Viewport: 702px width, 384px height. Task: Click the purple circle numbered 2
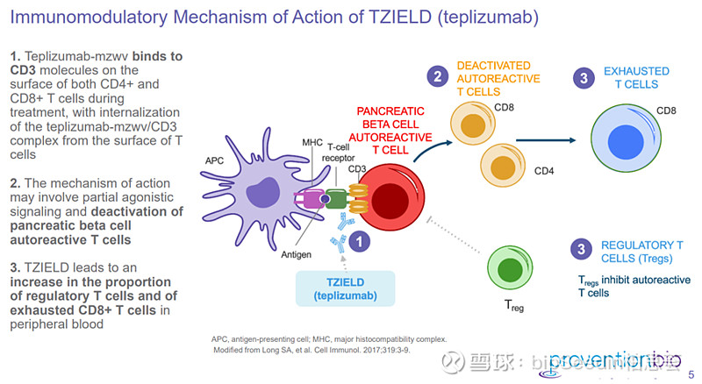click(435, 76)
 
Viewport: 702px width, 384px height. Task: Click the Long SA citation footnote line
click(312, 350)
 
